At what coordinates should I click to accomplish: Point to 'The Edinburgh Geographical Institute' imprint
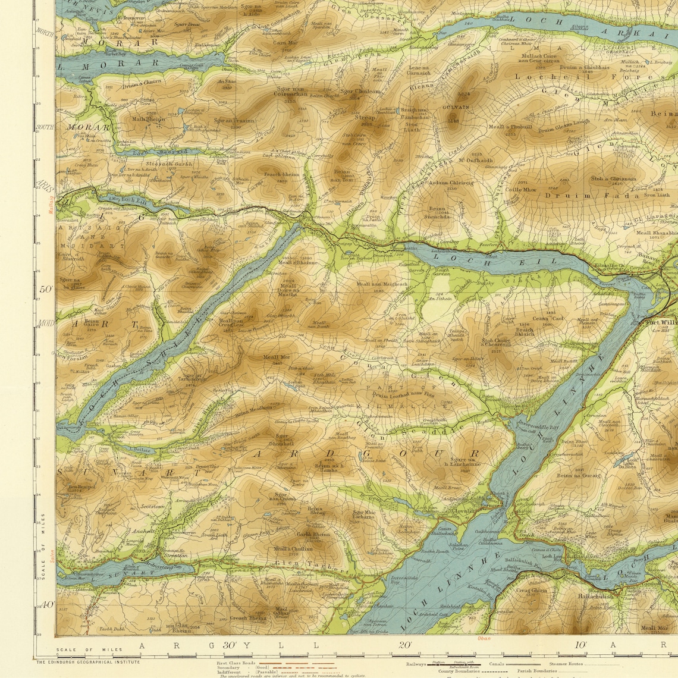pyautogui.click(x=88, y=661)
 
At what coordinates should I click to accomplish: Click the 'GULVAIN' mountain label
pyautogui.click(x=456, y=107)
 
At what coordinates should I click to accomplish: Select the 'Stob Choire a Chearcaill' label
pyautogui.click(x=495, y=343)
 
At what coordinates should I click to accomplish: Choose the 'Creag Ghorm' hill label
pyautogui.click(x=531, y=590)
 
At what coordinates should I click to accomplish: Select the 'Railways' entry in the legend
pyautogui.click(x=416, y=664)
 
